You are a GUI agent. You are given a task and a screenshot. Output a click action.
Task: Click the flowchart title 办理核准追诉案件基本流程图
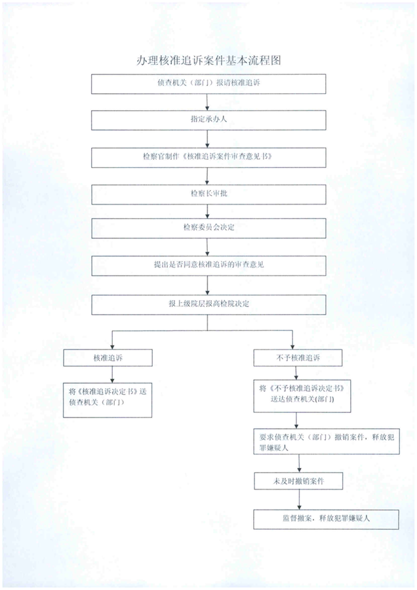(x=208, y=60)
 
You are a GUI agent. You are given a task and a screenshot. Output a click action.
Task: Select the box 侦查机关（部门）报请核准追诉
(x=208, y=83)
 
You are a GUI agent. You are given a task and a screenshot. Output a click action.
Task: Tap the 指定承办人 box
(x=208, y=120)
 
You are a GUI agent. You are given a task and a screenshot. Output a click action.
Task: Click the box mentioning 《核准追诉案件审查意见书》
(x=208, y=157)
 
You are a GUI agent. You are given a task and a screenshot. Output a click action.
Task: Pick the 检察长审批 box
(x=208, y=195)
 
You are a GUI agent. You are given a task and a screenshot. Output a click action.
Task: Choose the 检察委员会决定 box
(x=208, y=228)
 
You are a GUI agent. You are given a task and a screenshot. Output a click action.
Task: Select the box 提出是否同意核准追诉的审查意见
(x=208, y=265)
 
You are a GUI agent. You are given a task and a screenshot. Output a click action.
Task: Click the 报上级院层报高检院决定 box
(x=208, y=304)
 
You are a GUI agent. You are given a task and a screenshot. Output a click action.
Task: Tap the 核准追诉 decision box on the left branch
(x=108, y=358)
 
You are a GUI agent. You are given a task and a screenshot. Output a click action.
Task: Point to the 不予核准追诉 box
(x=298, y=358)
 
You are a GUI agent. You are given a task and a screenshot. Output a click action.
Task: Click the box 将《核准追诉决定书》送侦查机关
(x=108, y=400)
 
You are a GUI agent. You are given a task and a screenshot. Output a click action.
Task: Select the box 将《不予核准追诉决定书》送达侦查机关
(x=302, y=396)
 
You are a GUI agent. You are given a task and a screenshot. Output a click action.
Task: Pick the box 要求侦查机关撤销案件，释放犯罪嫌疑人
(x=327, y=441)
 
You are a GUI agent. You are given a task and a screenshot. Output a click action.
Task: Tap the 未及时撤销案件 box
(x=298, y=481)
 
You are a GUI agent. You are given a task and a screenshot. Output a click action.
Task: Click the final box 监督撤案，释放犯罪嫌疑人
(x=326, y=519)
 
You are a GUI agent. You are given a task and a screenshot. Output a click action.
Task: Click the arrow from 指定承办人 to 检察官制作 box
(x=207, y=139)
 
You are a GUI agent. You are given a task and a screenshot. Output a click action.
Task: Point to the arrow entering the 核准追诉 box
(x=112, y=340)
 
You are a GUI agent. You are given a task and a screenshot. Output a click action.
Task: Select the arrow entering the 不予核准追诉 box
(x=292, y=340)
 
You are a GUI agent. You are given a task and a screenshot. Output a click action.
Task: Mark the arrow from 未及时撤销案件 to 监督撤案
(x=299, y=500)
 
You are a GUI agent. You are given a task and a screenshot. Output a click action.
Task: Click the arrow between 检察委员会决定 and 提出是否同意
(x=207, y=247)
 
